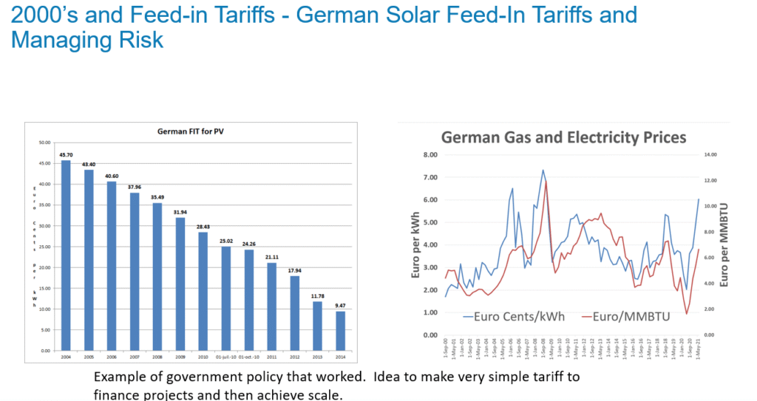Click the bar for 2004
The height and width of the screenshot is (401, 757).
66,255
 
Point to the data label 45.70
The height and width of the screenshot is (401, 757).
66,155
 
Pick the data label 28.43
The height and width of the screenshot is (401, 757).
202,227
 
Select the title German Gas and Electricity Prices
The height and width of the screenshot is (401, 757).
563,137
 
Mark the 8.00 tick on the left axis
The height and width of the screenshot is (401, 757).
430,154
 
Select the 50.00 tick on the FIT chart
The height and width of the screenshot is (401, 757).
44,143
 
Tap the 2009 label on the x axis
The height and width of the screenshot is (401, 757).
179,356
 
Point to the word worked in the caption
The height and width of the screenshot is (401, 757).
342,377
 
